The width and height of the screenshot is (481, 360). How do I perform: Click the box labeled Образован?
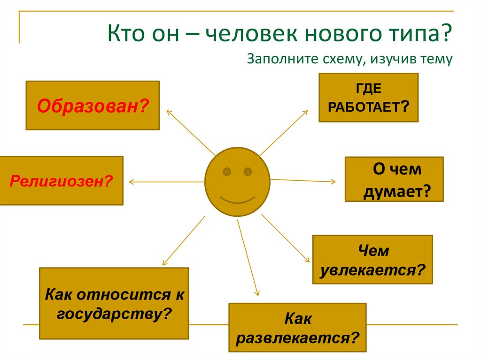click(x=93, y=105)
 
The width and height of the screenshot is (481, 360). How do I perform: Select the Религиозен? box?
click(x=62, y=181)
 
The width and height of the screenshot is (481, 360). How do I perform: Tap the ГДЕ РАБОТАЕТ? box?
click(x=368, y=98)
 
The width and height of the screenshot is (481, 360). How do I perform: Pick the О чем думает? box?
click(x=394, y=179)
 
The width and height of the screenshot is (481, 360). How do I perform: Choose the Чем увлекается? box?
click(x=372, y=260)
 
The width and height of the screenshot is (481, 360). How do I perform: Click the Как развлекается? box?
click(x=297, y=328)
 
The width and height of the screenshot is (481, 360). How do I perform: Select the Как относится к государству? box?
click(x=114, y=303)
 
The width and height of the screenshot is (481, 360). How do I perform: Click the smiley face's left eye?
click(x=227, y=170)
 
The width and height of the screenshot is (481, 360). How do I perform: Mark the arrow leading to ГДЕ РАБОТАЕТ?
click(x=284, y=133)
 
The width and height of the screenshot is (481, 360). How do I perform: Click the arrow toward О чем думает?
click(x=303, y=180)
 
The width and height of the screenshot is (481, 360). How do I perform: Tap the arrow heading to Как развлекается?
click(x=248, y=257)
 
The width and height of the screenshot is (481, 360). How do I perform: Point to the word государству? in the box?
click(x=113, y=313)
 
